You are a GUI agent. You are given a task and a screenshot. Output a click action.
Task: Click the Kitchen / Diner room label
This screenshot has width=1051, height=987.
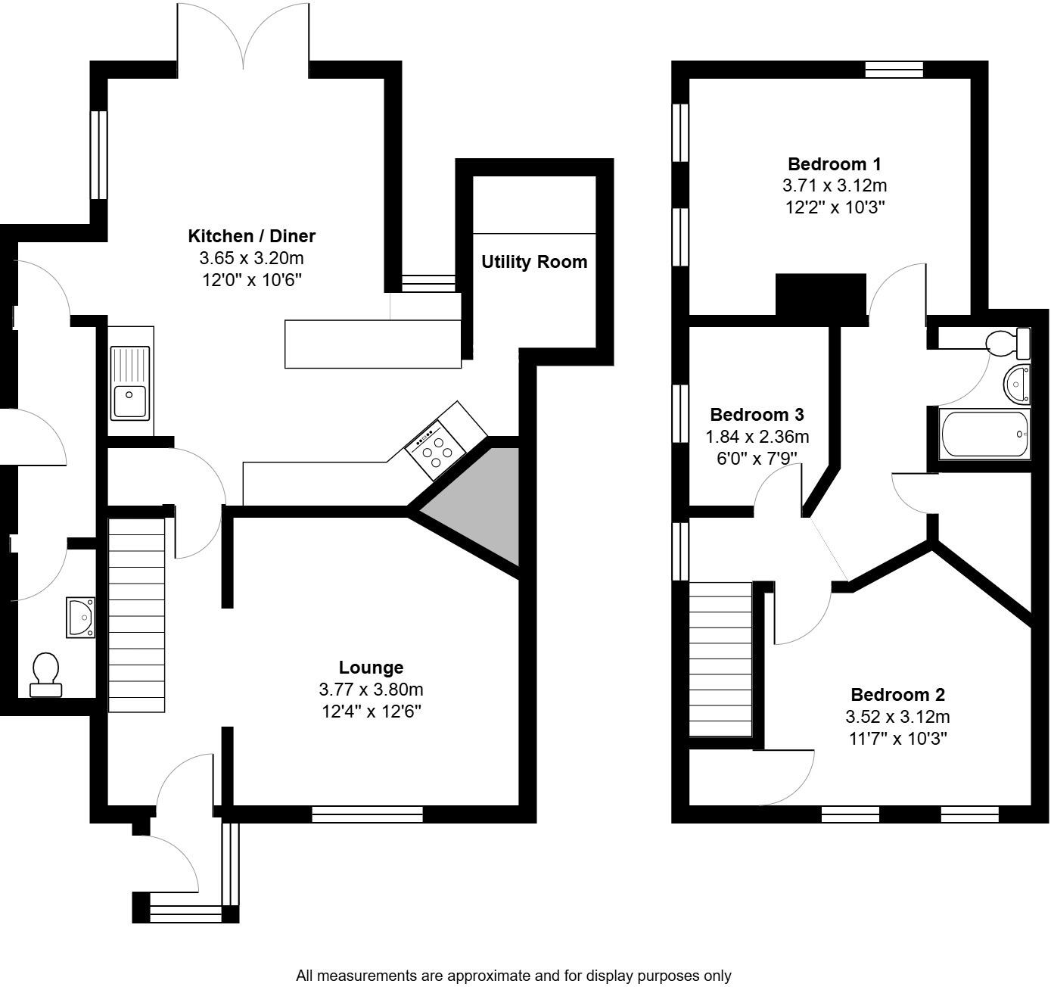[251, 235]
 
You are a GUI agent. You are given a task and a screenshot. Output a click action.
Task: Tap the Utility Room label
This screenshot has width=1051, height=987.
[534, 262]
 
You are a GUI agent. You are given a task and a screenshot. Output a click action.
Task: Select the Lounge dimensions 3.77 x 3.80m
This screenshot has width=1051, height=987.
[371, 690]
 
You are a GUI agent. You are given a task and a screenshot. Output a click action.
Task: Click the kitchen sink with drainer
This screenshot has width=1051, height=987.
[130, 382]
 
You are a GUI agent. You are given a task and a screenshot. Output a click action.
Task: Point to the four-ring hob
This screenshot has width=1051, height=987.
[437, 450]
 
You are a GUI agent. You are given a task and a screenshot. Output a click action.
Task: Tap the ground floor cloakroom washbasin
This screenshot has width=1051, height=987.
[80, 617]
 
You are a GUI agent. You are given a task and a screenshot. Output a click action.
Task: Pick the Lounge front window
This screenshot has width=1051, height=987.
[367, 814]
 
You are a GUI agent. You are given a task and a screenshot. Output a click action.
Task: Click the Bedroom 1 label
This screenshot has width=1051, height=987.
[834, 163]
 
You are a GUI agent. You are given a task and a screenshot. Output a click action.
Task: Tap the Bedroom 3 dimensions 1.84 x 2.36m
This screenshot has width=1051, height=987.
[757, 437]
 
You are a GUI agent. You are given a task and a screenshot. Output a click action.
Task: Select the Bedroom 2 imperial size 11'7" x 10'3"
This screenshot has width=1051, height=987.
[897, 738]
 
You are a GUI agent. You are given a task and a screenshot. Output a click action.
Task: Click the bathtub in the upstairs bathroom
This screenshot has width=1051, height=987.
[984, 434]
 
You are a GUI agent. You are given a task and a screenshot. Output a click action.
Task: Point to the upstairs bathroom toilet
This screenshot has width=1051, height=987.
[1009, 343]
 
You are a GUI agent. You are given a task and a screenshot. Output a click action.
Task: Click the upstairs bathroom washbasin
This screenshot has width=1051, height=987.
[1015, 382]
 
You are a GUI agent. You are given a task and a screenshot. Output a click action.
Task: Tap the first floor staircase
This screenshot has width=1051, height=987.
[720, 659]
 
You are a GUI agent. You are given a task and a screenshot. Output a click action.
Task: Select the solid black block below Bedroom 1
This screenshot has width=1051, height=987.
[820, 295]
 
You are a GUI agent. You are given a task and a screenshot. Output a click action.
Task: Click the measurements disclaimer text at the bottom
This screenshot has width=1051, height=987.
[513, 976]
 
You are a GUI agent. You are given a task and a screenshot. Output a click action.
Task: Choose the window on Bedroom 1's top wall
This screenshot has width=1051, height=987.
[894, 70]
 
